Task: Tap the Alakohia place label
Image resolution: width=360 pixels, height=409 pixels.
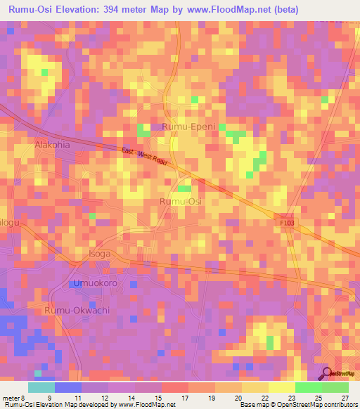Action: [52, 145]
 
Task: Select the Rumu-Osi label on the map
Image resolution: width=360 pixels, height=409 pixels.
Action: [181, 202]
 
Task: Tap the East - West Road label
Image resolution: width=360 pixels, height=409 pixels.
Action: [143, 156]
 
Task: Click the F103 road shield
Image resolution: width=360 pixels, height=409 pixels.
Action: [282, 221]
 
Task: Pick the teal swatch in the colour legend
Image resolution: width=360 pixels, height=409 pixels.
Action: [41, 387]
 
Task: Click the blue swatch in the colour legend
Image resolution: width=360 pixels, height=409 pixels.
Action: [68, 387]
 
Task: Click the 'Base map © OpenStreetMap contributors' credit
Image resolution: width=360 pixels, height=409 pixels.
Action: [297, 405]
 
